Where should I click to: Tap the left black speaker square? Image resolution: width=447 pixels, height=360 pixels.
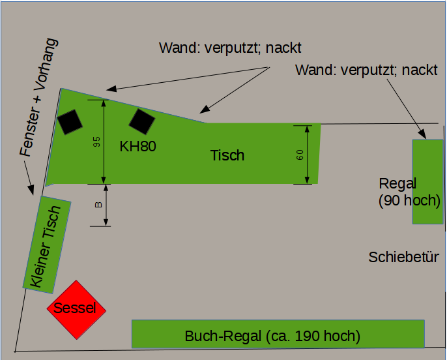70,121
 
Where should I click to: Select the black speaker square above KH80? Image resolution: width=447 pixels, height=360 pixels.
141,121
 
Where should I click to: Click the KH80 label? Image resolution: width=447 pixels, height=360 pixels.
137,146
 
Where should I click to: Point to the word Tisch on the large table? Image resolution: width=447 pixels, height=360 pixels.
227,155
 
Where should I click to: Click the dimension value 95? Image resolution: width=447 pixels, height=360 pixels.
96,143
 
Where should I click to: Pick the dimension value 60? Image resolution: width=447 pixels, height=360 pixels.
300,155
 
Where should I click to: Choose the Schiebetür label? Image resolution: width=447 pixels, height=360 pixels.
403,257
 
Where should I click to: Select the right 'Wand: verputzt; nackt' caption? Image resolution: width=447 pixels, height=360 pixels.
366,70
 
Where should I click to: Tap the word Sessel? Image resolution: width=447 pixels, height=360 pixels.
75,308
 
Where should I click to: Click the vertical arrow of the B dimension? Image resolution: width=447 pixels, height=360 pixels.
107,205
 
